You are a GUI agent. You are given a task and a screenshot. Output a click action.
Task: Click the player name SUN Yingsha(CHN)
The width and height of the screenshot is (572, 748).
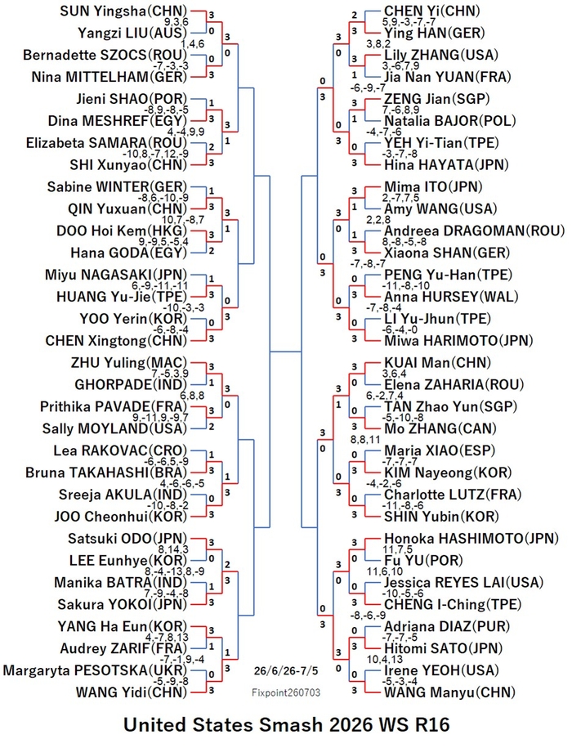[x=123, y=11]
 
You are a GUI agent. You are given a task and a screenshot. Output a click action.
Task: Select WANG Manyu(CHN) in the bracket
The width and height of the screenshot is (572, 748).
[x=450, y=692]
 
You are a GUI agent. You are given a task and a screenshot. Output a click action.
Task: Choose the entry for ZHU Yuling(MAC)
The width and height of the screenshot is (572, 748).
[x=129, y=363]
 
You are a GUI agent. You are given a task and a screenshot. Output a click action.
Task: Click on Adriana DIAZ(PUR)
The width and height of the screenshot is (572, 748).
[x=447, y=626]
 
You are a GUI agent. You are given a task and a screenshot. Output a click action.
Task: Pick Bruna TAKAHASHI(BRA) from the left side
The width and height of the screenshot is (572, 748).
[x=106, y=473]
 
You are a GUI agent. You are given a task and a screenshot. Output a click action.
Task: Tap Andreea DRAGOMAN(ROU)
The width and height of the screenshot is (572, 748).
[x=474, y=231]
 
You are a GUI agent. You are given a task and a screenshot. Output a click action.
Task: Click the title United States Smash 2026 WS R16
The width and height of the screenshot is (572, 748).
[x=287, y=725]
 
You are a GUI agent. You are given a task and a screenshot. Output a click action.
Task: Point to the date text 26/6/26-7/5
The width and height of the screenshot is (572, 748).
[x=286, y=671]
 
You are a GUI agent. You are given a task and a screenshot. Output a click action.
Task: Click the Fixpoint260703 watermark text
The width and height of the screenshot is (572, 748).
[x=286, y=692]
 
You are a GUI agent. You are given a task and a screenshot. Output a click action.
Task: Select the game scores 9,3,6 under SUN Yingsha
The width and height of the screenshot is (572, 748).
[x=177, y=22]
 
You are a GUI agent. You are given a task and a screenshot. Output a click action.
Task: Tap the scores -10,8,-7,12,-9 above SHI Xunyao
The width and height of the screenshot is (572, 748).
[x=155, y=154]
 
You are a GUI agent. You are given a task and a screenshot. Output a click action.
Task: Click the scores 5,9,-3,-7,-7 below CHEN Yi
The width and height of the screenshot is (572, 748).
[x=409, y=22]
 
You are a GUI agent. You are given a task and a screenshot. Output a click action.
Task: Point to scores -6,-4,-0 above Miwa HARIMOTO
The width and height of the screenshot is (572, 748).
[x=401, y=329]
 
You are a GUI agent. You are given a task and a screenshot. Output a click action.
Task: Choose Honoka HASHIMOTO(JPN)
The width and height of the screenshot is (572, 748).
[x=471, y=539]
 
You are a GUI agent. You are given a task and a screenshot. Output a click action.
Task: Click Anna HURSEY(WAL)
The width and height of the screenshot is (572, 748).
[x=451, y=297]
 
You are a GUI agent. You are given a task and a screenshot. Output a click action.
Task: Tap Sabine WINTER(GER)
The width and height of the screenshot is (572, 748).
[x=117, y=187]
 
